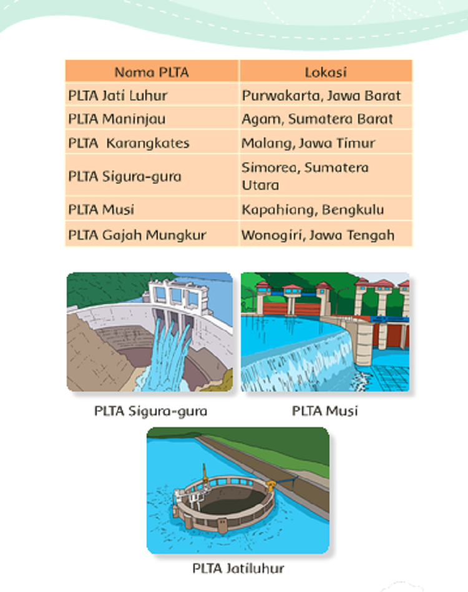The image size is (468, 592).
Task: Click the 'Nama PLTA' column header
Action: tap(152, 71)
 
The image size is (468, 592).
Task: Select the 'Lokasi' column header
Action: tap(326, 71)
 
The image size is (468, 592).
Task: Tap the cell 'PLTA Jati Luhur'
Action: tap(152, 95)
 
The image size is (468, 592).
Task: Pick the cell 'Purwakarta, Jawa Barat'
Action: tap(326, 95)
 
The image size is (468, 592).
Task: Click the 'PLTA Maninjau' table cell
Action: tap(152, 118)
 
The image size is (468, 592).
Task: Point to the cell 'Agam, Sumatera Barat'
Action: tap(326, 118)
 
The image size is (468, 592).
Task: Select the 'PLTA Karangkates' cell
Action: tap(152, 142)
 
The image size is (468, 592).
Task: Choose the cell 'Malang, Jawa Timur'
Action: tap(326, 142)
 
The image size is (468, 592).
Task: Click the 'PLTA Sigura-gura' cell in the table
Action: tap(152, 175)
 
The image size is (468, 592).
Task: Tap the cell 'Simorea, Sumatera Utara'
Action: tap(326, 175)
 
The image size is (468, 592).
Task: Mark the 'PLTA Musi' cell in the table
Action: tap(152, 209)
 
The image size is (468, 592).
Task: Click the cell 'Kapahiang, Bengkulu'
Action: tap(326, 209)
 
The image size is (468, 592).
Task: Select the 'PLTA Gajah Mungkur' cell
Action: tap(152, 234)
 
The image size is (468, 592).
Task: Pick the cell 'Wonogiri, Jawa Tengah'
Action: tap(326, 234)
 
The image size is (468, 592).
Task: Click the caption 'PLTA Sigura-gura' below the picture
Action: tap(150, 411)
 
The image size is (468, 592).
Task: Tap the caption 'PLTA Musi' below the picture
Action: tap(324, 411)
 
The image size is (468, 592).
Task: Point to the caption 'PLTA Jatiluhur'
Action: tap(238, 568)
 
